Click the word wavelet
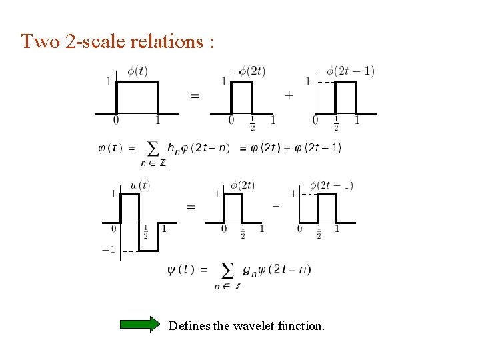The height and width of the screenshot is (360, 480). [x=250, y=326]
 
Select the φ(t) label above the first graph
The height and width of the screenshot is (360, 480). [x=137, y=71]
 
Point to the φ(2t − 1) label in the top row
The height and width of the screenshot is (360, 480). [x=350, y=71]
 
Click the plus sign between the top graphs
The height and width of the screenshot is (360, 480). [x=289, y=95]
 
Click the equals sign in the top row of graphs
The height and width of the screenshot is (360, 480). [x=195, y=95]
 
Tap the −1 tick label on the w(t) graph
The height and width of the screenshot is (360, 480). [x=108, y=250]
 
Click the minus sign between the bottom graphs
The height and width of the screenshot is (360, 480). [x=276, y=206]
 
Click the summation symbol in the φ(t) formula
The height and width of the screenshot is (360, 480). [x=153, y=148]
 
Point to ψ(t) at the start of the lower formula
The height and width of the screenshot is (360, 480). [x=181, y=270]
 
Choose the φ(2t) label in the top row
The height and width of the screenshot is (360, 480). [x=252, y=71]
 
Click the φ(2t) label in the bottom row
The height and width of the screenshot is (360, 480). [x=243, y=185]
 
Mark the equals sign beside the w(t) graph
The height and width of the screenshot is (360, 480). [x=191, y=207]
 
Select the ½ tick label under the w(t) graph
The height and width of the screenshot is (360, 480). [x=146, y=232]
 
